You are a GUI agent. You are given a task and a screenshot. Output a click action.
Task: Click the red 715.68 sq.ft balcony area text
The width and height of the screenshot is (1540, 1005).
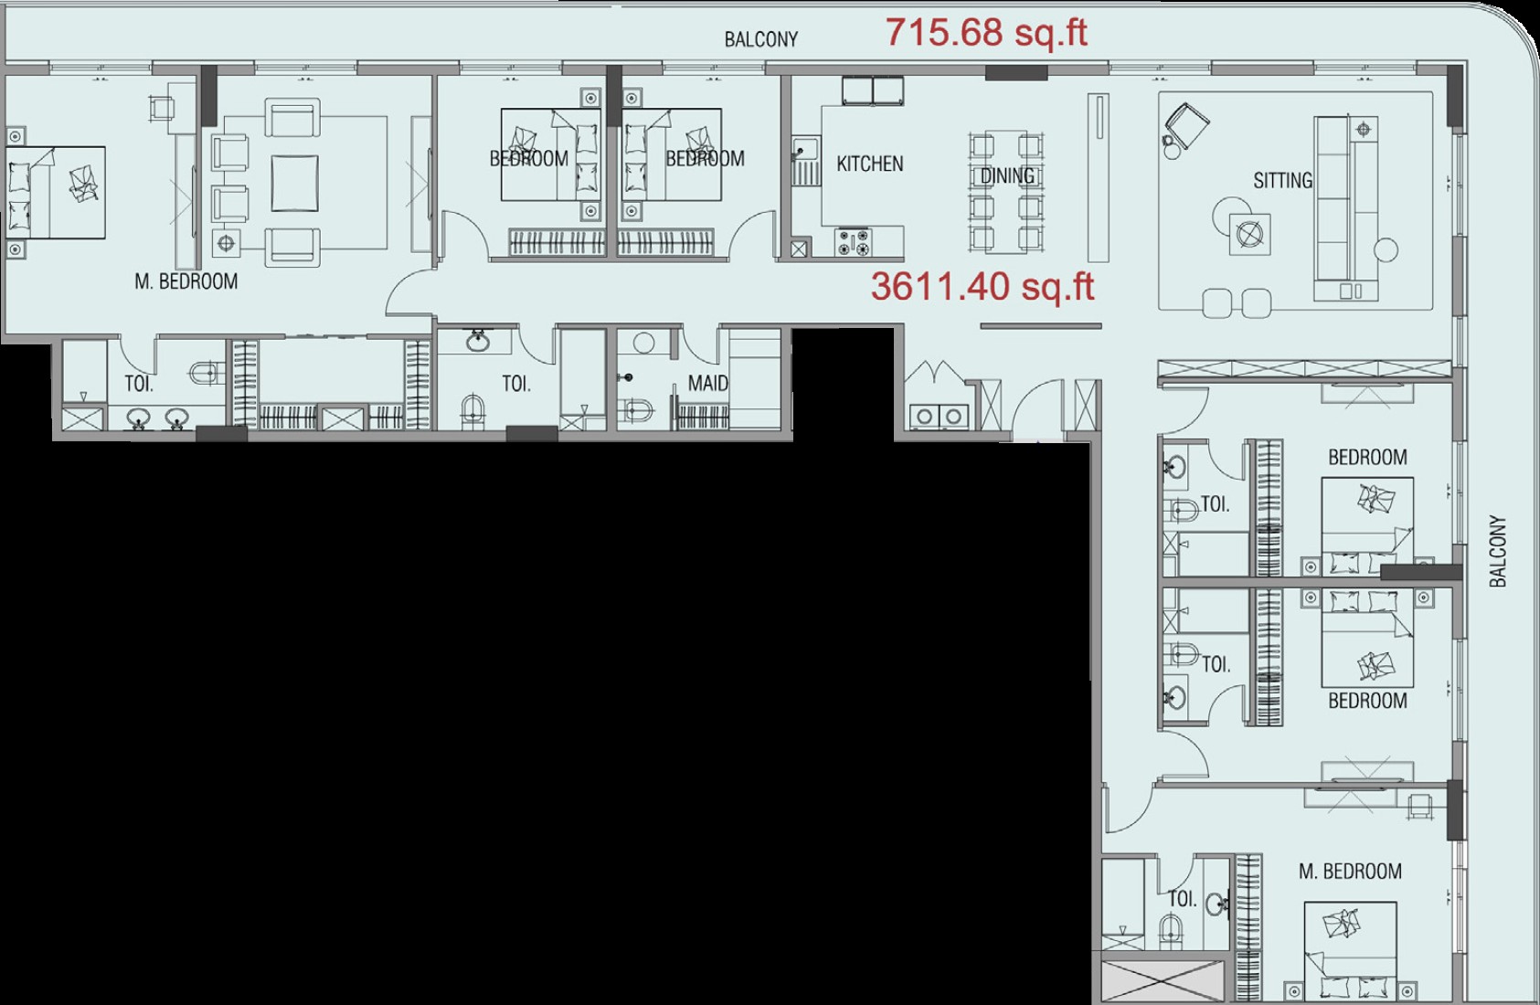pyautogui.click(x=986, y=32)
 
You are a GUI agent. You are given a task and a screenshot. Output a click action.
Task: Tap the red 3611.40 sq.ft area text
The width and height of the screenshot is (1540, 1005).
pyautogui.click(x=982, y=286)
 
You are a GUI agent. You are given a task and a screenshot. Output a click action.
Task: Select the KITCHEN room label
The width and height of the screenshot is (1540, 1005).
pyautogui.click(x=870, y=164)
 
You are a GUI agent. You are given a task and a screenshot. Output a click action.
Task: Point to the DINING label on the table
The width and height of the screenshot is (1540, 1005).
pyautogui.click(x=1007, y=176)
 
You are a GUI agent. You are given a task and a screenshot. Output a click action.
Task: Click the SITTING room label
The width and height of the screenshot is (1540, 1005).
pyautogui.click(x=1283, y=181)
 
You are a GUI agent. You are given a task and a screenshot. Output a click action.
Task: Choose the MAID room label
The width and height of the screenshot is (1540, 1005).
pyautogui.click(x=708, y=383)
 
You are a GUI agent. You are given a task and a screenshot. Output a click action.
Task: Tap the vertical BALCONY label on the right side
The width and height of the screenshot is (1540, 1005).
pyautogui.click(x=1498, y=551)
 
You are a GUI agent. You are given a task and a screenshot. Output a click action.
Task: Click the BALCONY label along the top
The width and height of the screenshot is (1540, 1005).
pyautogui.click(x=761, y=39)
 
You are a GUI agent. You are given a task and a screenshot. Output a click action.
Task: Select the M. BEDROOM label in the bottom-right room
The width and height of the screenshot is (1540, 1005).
pyautogui.click(x=1350, y=871)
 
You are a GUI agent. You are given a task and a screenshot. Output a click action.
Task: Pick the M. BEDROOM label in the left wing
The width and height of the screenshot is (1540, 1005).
pyautogui.click(x=186, y=281)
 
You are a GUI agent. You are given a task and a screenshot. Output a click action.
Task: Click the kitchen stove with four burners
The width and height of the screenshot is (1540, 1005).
pyautogui.click(x=854, y=242)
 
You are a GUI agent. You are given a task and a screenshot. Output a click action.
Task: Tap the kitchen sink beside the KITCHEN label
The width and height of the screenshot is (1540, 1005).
pyautogui.click(x=805, y=160)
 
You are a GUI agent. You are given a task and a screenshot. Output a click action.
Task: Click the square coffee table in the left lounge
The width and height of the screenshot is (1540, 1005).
pyautogui.click(x=295, y=183)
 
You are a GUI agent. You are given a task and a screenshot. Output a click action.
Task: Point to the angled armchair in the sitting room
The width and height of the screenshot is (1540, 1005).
pyautogui.click(x=1186, y=126)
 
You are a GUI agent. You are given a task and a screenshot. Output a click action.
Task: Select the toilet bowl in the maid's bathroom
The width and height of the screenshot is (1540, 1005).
pyautogui.click(x=639, y=410)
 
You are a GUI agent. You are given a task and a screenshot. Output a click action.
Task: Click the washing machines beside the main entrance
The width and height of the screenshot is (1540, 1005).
pyautogui.click(x=940, y=416)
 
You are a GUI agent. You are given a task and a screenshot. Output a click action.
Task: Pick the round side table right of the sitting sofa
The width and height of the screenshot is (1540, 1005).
pyautogui.click(x=1386, y=249)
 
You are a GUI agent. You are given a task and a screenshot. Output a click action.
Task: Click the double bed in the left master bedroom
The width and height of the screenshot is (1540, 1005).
pyautogui.click(x=56, y=193)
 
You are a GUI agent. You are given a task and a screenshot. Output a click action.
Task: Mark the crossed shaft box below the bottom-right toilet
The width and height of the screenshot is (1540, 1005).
pyautogui.click(x=1163, y=980)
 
